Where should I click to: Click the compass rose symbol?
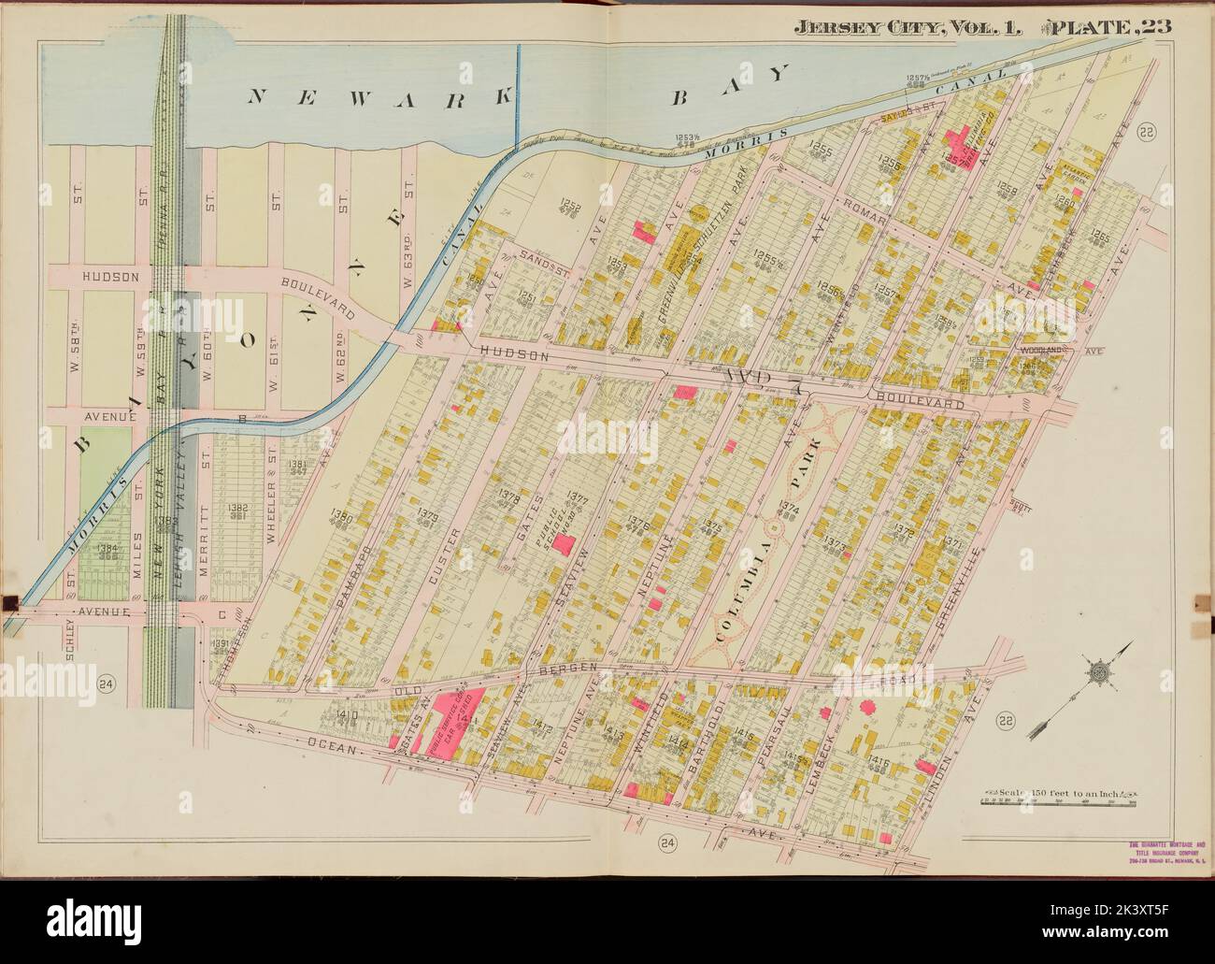[x=1097, y=671]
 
